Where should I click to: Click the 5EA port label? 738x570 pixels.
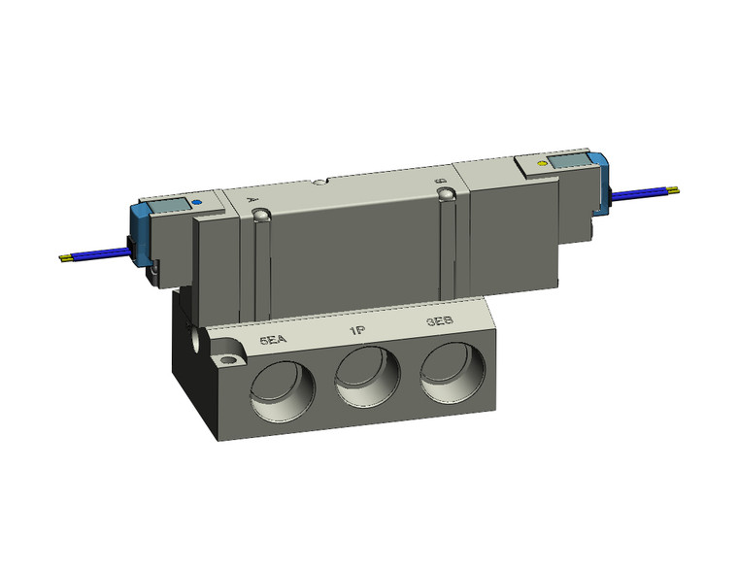click(273, 341)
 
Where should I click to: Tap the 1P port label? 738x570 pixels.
click(356, 331)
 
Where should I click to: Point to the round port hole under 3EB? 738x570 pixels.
click(452, 372)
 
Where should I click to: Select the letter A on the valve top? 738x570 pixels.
click(254, 197)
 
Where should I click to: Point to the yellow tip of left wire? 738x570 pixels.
click(65, 258)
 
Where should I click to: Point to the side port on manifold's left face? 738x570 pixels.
click(199, 342)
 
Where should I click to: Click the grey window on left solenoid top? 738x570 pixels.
click(170, 206)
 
